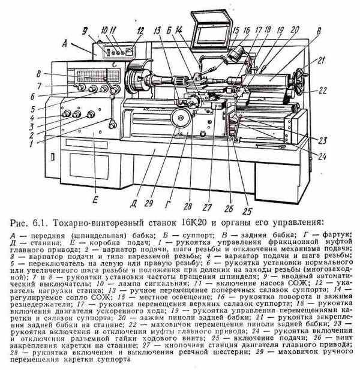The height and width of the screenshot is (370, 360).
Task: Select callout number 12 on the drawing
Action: (140, 31)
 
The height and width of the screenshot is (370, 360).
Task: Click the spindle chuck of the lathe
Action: (140, 80)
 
